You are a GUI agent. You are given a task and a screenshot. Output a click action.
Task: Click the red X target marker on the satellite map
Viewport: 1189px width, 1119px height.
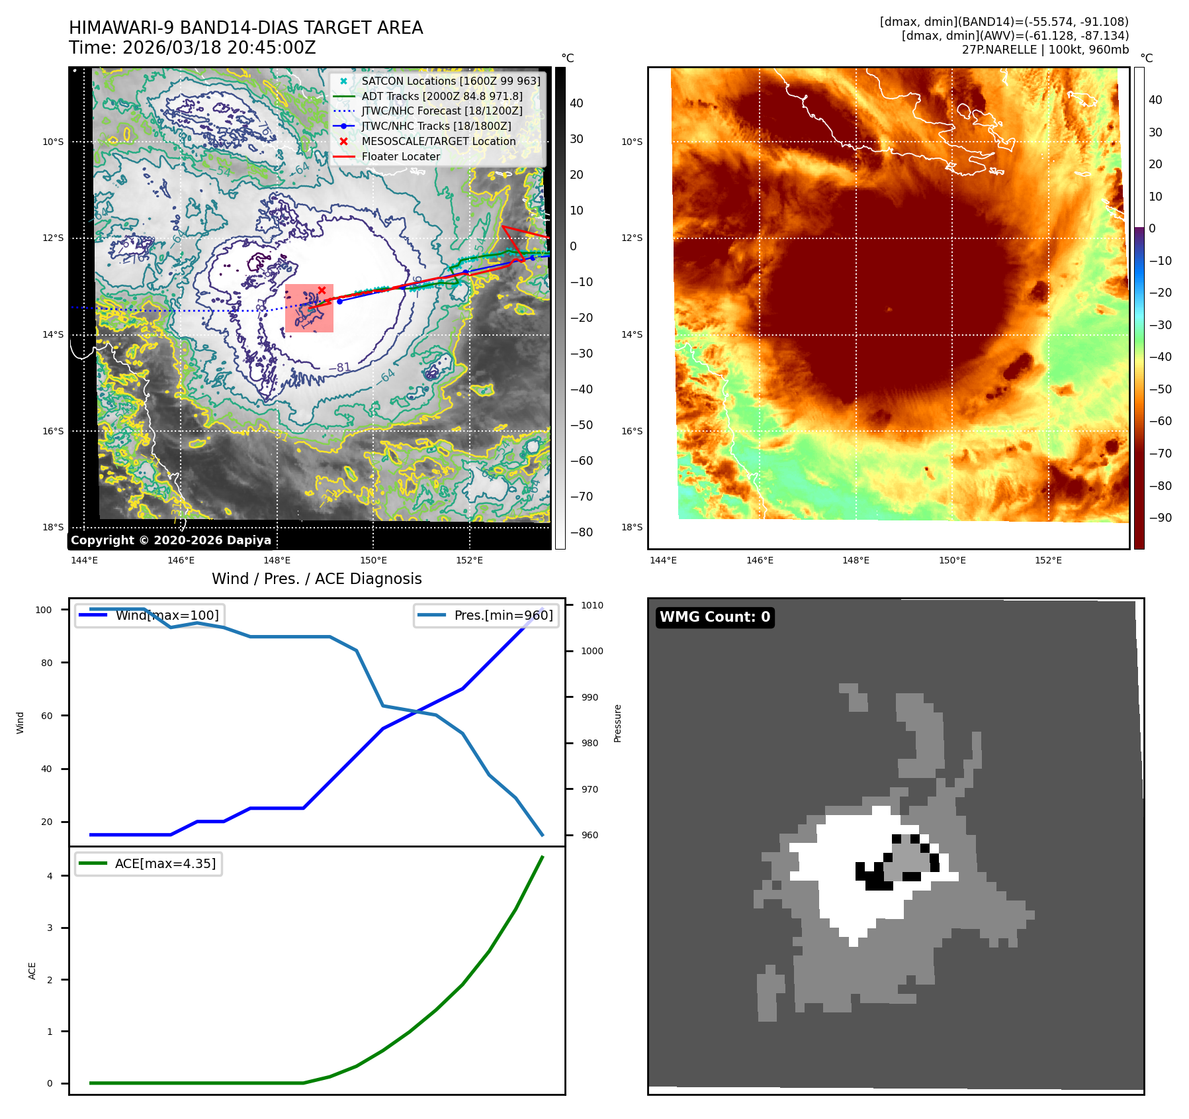click(x=322, y=290)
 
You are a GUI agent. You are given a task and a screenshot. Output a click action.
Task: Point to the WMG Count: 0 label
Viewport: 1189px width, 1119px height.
click(x=715, y=617)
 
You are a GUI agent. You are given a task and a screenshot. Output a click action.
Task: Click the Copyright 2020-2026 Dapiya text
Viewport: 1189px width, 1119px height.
click(x=171, y=540)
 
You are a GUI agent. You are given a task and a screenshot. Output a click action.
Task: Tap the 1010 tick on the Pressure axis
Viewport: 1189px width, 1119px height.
click(x=592, y=605)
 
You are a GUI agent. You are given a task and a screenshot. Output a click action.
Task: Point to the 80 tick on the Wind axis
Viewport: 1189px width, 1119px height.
click(x=46, y=663)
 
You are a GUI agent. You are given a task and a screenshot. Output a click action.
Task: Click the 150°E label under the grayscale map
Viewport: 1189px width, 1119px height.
click(x=373, y=560)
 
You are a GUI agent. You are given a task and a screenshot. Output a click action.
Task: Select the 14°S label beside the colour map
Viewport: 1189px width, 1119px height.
click(x=631, y=334)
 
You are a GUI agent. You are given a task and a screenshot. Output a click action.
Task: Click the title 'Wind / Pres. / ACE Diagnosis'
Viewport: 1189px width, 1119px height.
click(x=316, y=579)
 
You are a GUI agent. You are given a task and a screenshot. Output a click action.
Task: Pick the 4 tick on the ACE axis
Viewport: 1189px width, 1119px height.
click(x=50, y=876)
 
